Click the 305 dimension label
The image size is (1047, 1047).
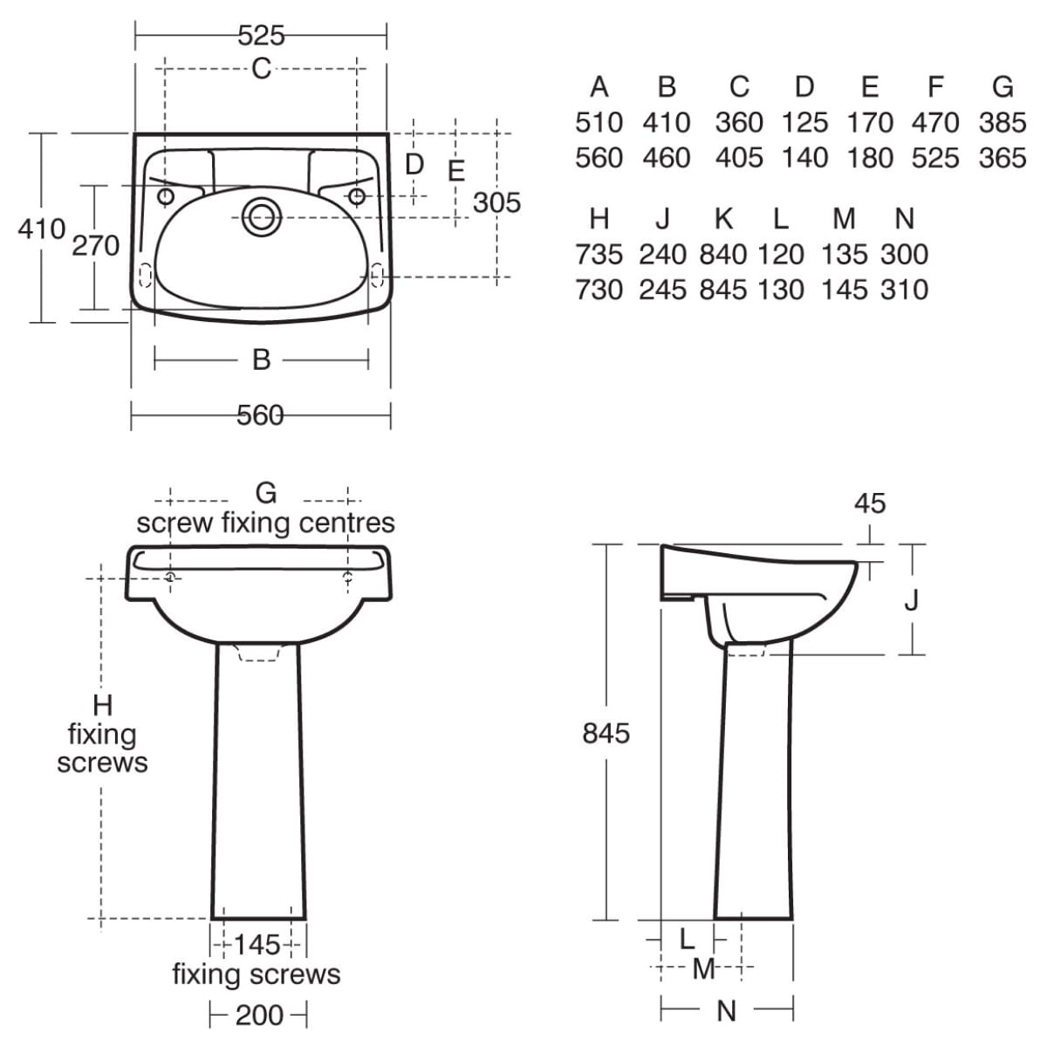(x=496, y=202)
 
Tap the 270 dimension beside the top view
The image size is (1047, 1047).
(x=96, y=245)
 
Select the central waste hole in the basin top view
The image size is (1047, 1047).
(x=263, y=217)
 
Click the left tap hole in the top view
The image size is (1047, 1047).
(x=166, y=196)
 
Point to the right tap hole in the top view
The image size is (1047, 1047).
(x=357, y=196)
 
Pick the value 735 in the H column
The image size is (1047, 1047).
(x=599, y=254)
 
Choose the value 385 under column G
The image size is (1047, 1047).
(x=1003, y=122)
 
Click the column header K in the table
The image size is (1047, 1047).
(x=723, y=219)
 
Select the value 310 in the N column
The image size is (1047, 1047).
(x=904, y=290)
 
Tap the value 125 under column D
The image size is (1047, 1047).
(x=804, y=122)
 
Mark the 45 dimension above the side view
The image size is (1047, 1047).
(x=870, y=503)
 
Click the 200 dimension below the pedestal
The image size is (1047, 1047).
(x=259, y=1015)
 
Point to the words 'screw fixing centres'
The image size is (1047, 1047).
(x=266, y=523)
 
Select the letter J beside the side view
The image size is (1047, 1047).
(x=911, y=600)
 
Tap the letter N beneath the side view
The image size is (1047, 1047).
(x=727, y=1011)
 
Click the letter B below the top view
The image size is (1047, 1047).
(x=262, y=359)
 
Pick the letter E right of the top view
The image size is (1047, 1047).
(x=456, y=171)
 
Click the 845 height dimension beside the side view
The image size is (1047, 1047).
(x=606, y=734)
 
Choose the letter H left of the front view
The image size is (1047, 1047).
(x=103, y=705)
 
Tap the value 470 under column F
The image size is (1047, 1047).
(x=935, y=122)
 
